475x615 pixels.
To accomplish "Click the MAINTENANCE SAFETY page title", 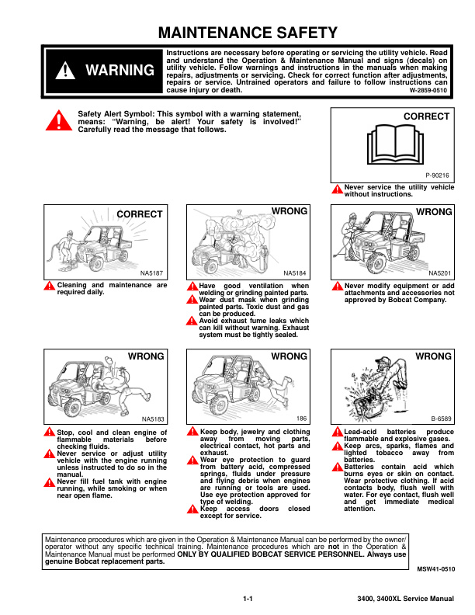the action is (x=248, y=33).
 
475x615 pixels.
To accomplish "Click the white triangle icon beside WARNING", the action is (x=65, y=71).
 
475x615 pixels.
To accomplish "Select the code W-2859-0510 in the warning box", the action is (x=428, y=90).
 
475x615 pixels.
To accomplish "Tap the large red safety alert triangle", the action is (x=59, y=120).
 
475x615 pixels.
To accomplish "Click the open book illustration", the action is (x=395, y=144).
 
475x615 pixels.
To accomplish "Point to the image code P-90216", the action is (x=438, y=175).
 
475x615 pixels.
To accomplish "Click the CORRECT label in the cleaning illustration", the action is (x=140, y=214).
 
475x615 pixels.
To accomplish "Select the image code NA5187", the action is (x=151, y=273).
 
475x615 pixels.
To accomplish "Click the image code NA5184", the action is (x=295, y=273).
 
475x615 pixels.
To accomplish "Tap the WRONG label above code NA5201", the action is (x=434, y=212).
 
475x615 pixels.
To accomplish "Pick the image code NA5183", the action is (x=153, y=419).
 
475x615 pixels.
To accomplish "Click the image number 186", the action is (x=301, y=419).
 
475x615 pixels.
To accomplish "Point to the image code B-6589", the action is (x=442, y=419).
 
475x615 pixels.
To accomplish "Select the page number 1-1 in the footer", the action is (x=248, y=599).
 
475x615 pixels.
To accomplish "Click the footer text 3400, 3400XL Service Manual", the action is (x=406, y=599).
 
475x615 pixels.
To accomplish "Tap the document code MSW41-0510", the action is (x=436, y=569).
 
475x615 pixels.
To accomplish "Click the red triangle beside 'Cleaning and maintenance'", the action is (x=50, y=286).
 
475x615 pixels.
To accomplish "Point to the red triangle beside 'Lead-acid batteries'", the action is (x=337, y=432).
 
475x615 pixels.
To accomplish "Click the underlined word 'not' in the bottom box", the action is (x=334, y=547).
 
